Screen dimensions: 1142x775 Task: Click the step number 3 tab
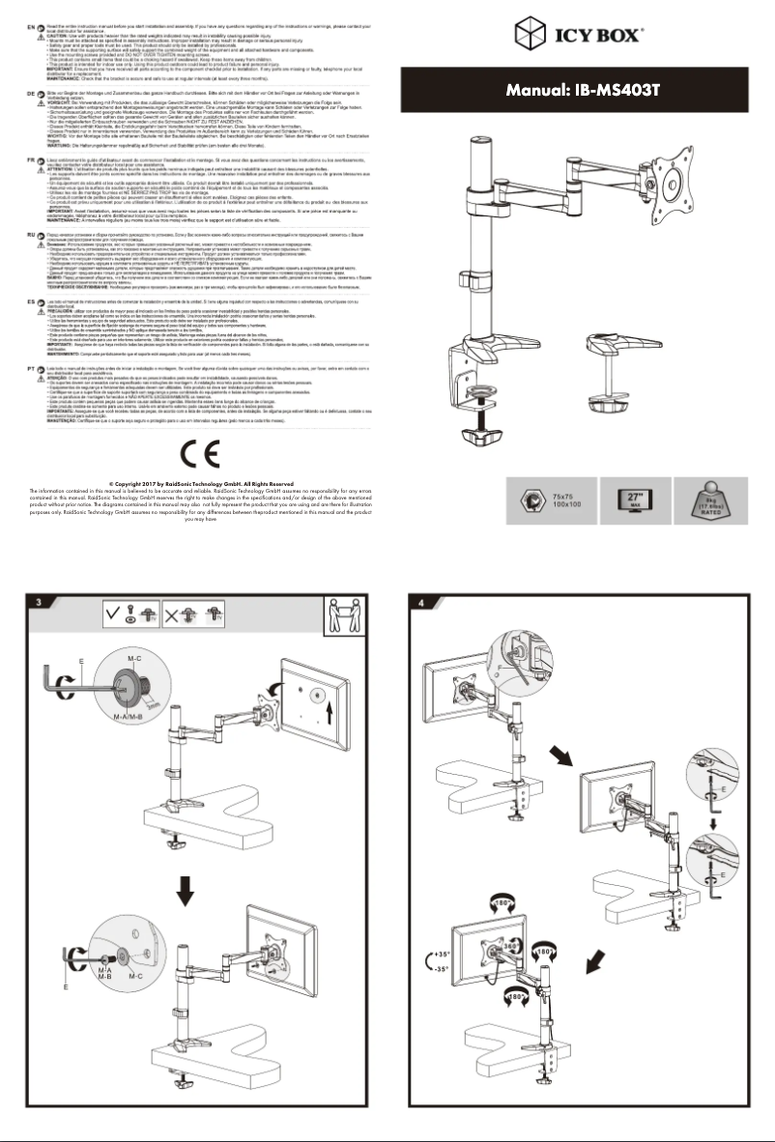pos(36,603)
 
